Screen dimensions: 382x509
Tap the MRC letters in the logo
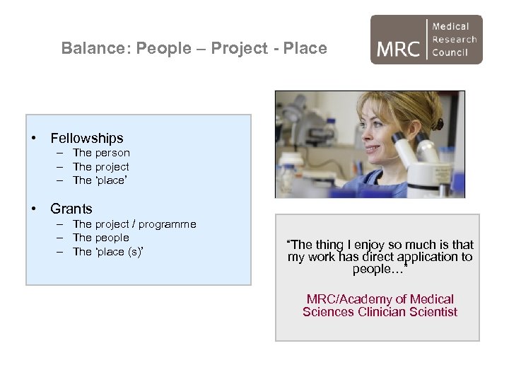(399, 49)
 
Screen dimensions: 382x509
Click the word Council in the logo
(450, 52)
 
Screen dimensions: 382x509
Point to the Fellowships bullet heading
(86, 139)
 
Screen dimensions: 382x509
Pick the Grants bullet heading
(71, 209)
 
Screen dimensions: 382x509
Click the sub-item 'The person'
(101, 153)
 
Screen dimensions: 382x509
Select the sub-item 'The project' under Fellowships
(101, 167)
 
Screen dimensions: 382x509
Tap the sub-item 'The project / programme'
(134, 224)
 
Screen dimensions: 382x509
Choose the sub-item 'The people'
(100, 238)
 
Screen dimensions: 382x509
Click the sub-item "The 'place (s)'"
(108, 252)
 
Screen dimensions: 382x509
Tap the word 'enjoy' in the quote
(368, 245)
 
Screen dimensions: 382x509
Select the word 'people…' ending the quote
(379, 270)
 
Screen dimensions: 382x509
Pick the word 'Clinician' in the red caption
(380, 312)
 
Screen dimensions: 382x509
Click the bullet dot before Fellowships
(33, 139)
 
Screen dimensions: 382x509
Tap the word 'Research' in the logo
(454, 40)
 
